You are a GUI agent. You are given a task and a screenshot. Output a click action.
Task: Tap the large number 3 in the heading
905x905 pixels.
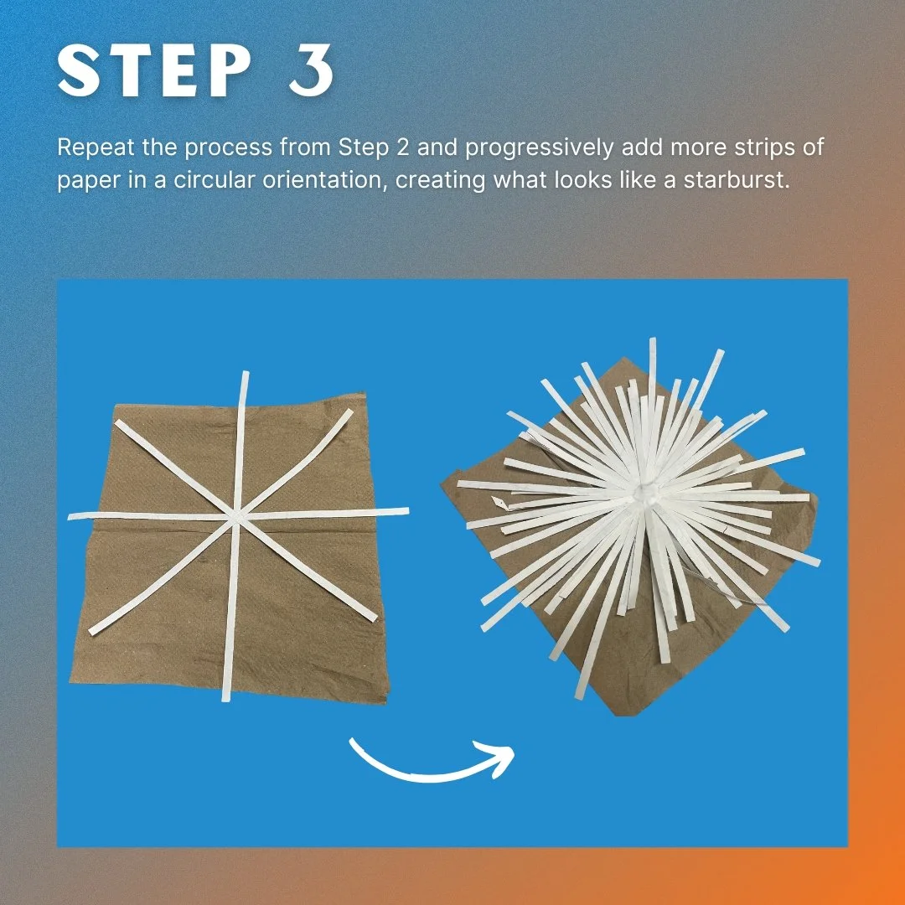coord(311,70)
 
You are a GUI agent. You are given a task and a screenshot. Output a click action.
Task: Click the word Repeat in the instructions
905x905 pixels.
coord(96,147)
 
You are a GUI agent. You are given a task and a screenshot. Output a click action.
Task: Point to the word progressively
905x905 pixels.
coord(539,148)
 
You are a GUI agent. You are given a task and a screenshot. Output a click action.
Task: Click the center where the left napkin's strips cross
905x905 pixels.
coord(236,516)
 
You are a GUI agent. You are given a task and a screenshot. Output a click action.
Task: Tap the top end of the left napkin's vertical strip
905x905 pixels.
coord(246,373)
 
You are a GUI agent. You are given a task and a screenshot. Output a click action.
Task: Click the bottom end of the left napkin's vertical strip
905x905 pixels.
coord(226,699)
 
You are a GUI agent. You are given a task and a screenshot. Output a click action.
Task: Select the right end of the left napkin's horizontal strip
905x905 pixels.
coord(406,511)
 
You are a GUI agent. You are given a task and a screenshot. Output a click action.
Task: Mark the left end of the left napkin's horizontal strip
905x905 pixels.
coord(70,516)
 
